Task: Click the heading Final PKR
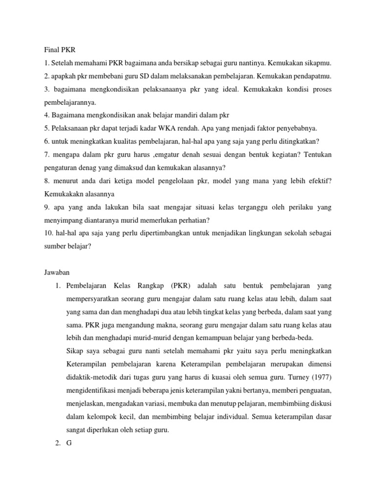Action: click(57, 49)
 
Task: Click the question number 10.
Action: click(43, 234)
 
